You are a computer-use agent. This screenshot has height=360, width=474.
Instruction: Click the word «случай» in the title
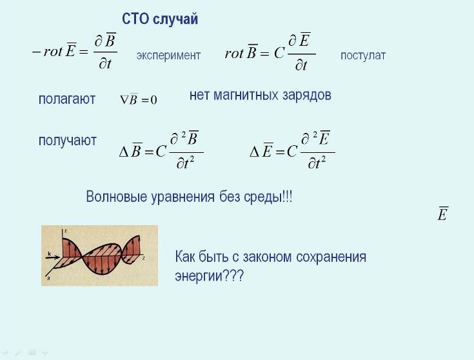(175, 19)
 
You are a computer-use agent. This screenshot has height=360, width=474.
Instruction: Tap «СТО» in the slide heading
(135, 19)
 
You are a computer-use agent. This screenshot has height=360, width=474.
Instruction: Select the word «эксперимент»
(168, 55)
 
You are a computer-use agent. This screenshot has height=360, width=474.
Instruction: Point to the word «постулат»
(363, 55)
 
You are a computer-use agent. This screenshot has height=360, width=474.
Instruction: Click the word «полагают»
(67, 99)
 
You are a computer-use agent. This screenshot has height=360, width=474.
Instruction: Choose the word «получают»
(68, 141)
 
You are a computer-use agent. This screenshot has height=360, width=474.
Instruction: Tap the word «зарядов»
(307, 95)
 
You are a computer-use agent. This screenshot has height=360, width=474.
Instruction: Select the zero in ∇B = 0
(153, 100)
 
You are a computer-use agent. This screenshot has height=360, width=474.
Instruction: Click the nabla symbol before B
(124, 99)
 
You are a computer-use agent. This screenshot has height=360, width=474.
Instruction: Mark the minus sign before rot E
(36, 52)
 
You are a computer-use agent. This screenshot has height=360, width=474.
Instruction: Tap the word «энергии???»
(209, 276)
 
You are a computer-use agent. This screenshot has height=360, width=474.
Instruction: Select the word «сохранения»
(331, 257)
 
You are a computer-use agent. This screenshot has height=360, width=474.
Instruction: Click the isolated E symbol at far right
(443, 214)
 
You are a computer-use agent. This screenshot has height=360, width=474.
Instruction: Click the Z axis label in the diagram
(144, 259)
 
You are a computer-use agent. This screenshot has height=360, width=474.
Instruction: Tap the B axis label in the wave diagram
(48, 278)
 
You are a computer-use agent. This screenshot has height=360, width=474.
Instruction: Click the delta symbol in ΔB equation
(124, 152)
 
